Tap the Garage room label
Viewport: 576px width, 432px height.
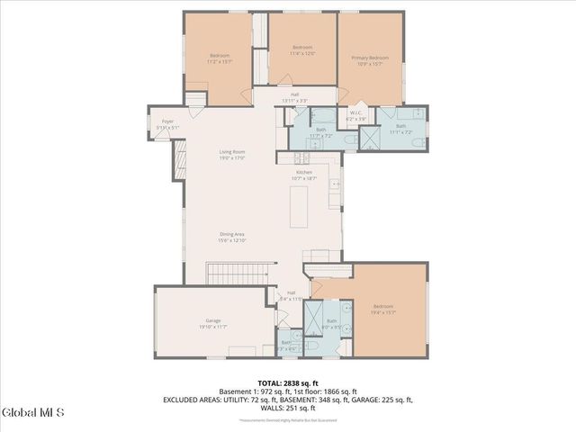tap(213, 322)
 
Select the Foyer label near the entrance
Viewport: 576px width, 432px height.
tap(167, 124)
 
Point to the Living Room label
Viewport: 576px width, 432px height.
tap(232, 155)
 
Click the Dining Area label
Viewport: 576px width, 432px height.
tap(232, 238)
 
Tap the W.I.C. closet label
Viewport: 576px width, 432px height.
tap(356, 116)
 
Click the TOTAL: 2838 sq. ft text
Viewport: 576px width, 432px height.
tap(287, 382)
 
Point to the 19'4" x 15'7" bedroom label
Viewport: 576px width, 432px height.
tap(382, 310)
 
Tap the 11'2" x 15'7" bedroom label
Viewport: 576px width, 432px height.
tap(220, 58)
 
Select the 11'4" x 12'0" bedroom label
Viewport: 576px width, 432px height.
tap(301, 50)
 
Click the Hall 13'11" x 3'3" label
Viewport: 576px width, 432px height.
tap(294, 97)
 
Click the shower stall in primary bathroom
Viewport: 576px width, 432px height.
tap(370, 137)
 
